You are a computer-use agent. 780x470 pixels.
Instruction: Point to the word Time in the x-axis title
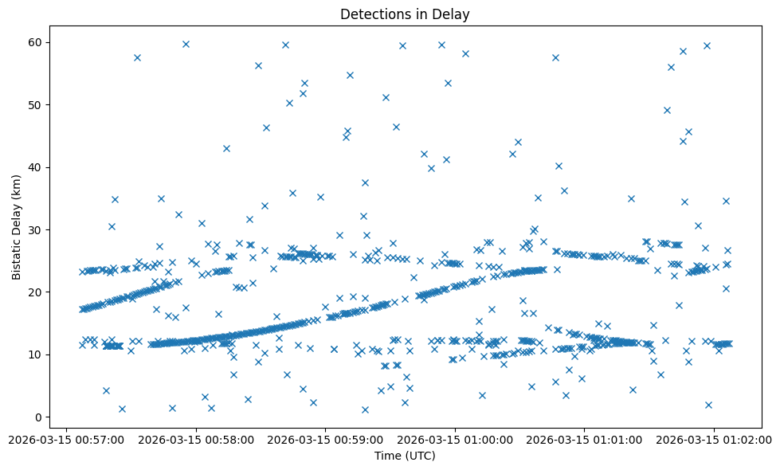[x=387, y=456]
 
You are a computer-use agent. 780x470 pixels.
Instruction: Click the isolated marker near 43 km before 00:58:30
[x=226, y=148]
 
